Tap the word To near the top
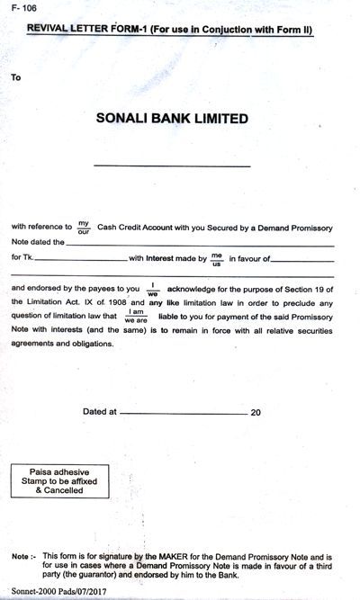coord(16,77)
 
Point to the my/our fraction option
coord(84,228)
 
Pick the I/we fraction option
coord(153,289)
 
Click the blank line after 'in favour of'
coord(301,261)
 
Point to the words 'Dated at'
coord(100,411)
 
